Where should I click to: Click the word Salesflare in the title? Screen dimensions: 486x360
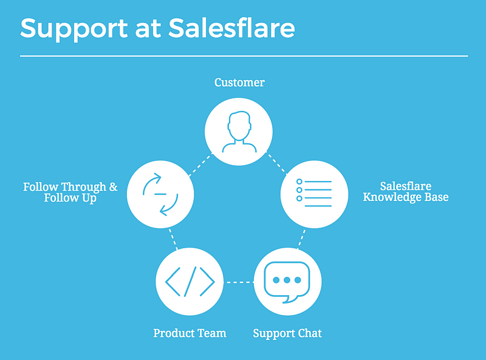click(231, 28)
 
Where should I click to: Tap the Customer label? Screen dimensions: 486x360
click(239, 83)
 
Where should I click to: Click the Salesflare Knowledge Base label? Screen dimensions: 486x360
click(406, 192)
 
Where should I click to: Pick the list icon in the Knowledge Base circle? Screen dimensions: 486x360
click(314, 192)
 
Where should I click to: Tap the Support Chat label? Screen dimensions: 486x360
click(287, 334)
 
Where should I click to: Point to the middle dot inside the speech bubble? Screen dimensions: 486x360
click(287, 280)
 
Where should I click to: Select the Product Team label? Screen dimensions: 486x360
click(190, 333)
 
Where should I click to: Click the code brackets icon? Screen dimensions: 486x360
click(190, 282)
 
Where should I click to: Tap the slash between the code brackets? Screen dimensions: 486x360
click(190, 282)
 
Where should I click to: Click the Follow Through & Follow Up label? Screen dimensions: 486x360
click(70, 192)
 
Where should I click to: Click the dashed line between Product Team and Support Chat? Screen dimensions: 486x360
click(239, 282)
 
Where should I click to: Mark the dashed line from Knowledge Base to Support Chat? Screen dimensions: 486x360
click(301, 239)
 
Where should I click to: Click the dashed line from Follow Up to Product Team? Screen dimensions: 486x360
click(173, 239)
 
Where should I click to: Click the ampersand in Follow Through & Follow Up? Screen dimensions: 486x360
click(114, 187)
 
